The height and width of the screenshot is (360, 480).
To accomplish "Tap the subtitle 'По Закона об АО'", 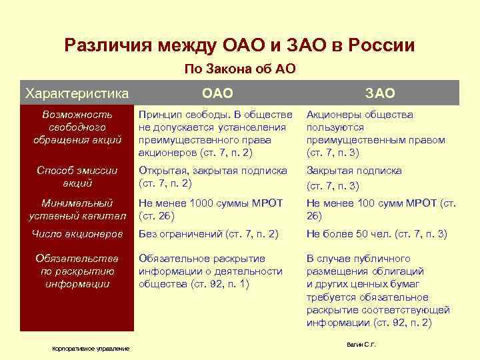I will click(x=239, y=69).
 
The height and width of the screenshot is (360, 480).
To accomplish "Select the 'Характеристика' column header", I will click(x=76, y=93).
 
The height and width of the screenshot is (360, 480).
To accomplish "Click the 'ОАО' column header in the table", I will click(x=217, y=93).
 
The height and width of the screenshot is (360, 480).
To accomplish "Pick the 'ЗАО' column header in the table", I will click(x=380, y=93).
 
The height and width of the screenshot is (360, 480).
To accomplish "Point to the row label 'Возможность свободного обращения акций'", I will click(x=77, y=127).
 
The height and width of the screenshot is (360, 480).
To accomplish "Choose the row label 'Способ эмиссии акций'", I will click(x=77, y=177).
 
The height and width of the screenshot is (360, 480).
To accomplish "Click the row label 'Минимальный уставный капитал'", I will click(x=77, y=209).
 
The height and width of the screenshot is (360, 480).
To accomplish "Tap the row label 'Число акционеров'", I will click(x=77, y=234).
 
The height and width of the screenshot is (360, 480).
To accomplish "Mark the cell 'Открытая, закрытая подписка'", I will click(x=213, y=177).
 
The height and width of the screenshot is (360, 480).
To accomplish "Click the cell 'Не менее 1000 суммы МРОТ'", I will click(x=211, y=209).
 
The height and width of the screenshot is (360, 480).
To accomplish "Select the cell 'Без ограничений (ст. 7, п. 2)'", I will click(x=208, y=234).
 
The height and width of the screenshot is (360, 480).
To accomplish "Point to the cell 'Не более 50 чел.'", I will click(x=377, y=234).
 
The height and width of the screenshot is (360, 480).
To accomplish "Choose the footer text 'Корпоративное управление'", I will click(x=92, y=349).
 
